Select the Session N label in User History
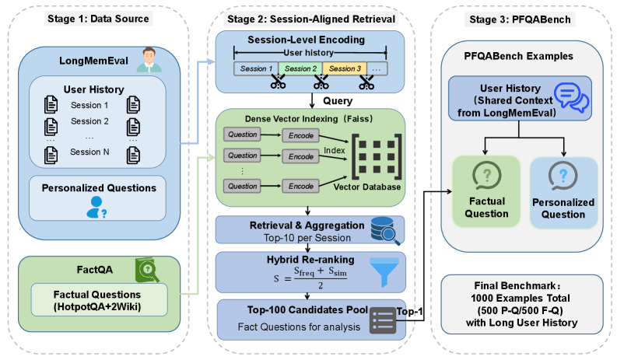click(x=89, y=152)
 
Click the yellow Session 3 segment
click(x=343, y=68)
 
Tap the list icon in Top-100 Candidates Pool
click(x=384, y=316)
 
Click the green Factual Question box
click(x=486, y=192)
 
